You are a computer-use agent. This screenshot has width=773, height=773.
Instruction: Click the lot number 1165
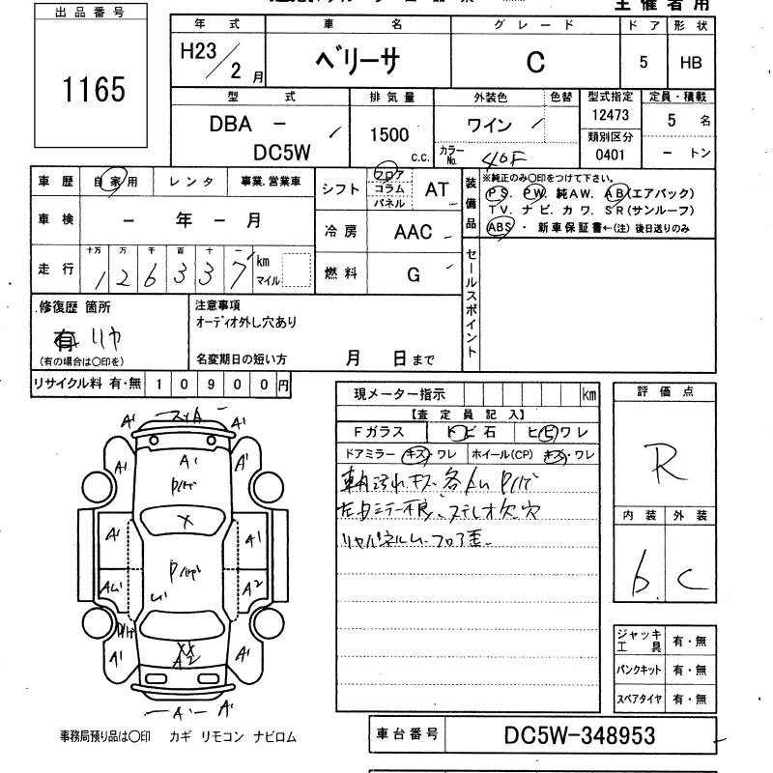(x=95, y=90)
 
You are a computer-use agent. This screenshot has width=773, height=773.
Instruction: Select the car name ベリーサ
(x=358, y=62)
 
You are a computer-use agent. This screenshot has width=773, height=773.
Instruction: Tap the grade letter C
(x=534, y=62)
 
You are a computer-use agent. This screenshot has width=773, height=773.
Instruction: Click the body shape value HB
(x=691, y=62)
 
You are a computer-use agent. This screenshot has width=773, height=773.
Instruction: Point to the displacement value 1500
(x=388, y=135)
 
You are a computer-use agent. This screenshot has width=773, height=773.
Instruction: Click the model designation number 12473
(x=610, y=115)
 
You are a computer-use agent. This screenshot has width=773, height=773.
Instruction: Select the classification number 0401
(x=610, y=154)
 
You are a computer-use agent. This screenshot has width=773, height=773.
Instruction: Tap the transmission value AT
(x=437, y=189)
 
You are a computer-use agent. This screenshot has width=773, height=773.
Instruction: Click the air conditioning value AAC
(x=414, y=232)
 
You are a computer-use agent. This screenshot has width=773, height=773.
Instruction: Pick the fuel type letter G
(x=414, y=275)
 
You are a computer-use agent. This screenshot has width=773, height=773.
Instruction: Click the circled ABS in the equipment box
(x=500, y=227)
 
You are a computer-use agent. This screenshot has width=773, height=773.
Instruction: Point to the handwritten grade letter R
(x=666, y=464)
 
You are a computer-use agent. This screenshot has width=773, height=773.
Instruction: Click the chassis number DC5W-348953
(x=580, y=736)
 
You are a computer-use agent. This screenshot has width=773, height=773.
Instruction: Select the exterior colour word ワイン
(x=490, y=125)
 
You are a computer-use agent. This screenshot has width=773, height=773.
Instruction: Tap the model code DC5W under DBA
(x=281, y=153)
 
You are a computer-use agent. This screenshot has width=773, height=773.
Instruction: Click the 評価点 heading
(x=665, y=391)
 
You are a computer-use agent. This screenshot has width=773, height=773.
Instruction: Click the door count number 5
(x=644, y=62)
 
